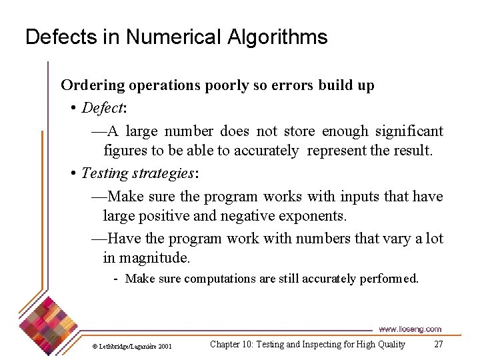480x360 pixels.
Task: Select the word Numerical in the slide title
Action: pyautogui.click(x=167, y=37)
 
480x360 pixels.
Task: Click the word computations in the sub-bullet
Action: pyautogui.click(x=220, y=279)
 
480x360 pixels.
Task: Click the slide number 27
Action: pyautogui.click(x=438, y=344)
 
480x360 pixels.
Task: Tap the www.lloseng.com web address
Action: pyautogui.click(x=410, y=329)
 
